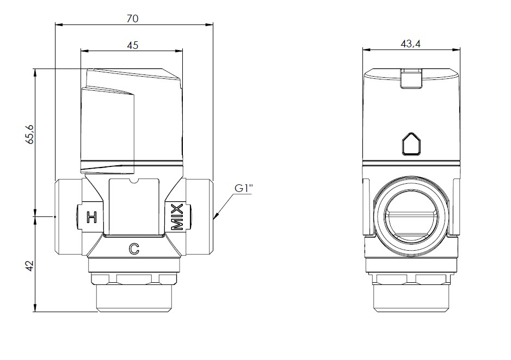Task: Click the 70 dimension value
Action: [132, 18]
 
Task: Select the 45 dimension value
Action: [132, 45]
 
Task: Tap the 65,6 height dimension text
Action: [29, 134]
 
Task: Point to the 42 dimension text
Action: [29, 266]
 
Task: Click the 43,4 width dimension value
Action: [411, 44]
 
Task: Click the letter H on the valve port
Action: [92, 217]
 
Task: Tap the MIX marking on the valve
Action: [177, 218]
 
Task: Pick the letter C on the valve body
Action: [134, 249]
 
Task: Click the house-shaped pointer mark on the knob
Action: [411, 144]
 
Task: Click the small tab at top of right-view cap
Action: [411, 78]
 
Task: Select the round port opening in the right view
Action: [411, 216]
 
